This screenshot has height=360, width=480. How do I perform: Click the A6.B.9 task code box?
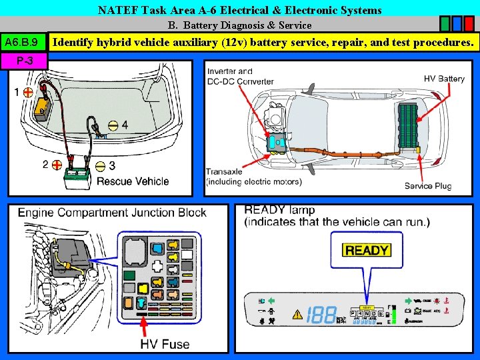pyautogui.click(x=23, y=43)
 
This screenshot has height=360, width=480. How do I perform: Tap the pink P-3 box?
pyautogui.click(x=24, y=61)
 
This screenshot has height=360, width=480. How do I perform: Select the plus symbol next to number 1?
pyautogui.click(x=28, y=93)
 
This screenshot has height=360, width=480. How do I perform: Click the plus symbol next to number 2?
pyautogui.click(x=58, y=164)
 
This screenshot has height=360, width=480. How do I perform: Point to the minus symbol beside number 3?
pyautogui.click(x=100, y=165)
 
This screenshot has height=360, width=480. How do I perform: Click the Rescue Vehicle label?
pyautogui.click(x=133, y=181)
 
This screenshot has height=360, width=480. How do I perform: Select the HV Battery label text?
pyautogui.click(x=444, y=79)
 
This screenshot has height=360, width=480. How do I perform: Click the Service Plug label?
pyautogui.click(x=427, y=185)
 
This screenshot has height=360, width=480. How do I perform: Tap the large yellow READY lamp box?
pyautogui.click(x=366, y=250)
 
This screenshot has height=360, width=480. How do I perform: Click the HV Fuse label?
pyautogui.click(x=165, y=344)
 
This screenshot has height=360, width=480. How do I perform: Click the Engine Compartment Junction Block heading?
pyautogui.click(x=112, y=213)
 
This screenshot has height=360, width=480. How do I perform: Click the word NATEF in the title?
pyautogui.click(x=115, y=10)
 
